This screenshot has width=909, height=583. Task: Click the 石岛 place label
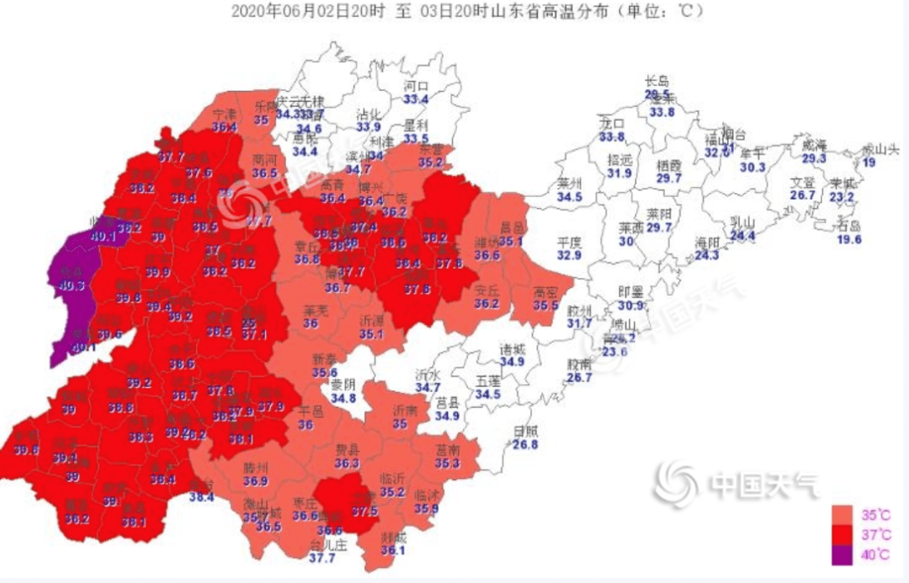click(848, 226)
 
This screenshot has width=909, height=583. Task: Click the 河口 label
click(417, 86)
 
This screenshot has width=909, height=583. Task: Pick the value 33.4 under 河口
click(417, 99)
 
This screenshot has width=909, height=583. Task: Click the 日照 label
click(525, 431)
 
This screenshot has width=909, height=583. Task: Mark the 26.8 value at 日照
click(525, 444)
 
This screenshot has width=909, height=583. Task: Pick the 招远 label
click(619, 160)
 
